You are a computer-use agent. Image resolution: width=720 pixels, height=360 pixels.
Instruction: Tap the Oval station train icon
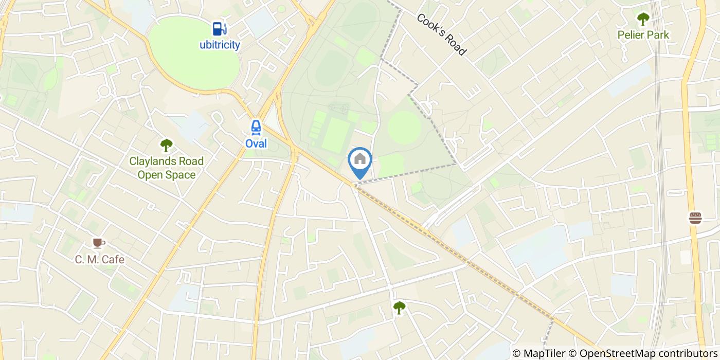click(256, 128)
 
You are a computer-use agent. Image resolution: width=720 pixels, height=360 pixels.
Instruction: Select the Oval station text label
click(256, 143)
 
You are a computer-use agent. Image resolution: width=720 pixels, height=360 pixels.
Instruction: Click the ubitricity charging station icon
click(220, 28)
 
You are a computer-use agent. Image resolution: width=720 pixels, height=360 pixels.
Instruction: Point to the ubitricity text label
click(220, 45)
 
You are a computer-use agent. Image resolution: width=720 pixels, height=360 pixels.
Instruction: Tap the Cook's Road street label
click(441, 34)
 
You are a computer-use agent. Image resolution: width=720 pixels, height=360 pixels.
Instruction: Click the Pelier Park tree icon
click(643, 20)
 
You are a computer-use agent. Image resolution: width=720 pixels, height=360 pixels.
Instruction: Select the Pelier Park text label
click(644, 35)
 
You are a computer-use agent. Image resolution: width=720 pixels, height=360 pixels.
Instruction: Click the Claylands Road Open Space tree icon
click(166, 146)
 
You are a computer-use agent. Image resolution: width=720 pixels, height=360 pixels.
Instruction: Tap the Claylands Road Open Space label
click(166, 168)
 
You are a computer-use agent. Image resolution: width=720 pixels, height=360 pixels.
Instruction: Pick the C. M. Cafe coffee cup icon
click(98, 243)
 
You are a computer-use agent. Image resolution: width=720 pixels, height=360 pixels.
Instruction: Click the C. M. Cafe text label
click(100, 259)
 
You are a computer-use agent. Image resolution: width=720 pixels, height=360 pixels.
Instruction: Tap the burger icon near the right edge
click(695, 218)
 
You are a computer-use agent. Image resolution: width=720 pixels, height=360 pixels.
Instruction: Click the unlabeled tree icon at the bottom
click(399, 308)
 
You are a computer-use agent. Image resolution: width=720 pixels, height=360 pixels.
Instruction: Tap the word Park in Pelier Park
click(658, 35)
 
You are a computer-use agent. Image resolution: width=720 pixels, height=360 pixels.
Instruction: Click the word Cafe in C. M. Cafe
click(113, 259)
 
